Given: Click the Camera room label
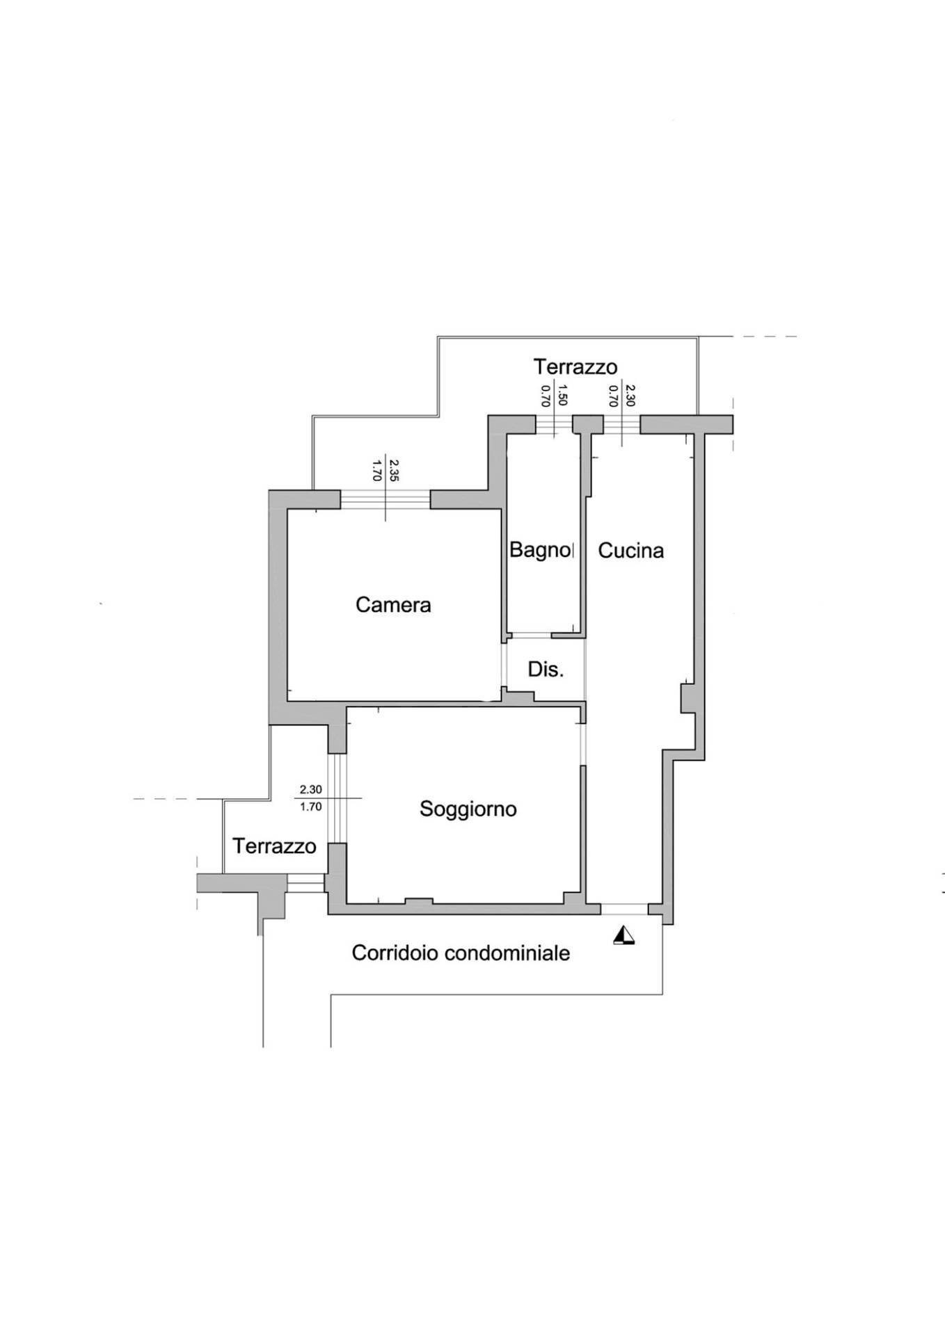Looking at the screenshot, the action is [393, 605].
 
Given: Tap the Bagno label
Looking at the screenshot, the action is [539, 550].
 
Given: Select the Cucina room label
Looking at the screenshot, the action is [630, 551].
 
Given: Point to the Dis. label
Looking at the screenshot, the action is [546, 670].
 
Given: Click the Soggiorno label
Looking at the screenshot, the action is [468, 809].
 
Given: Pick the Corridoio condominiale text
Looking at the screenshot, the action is [461, 953].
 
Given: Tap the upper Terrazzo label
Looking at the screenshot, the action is [575, 366].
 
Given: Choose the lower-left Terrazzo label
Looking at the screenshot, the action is [274, 846].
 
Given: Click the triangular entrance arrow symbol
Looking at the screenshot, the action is [624, 936].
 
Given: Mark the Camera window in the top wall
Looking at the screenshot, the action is [386, 500].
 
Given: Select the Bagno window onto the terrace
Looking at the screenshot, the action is [554, 424].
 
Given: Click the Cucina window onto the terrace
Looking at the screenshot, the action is [621, 424].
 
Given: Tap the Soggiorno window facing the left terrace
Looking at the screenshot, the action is [337, 799].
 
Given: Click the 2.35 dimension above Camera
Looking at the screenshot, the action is [394, 471].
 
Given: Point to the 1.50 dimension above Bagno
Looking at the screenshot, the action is [563, 394].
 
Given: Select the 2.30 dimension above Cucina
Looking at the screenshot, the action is [630, 395].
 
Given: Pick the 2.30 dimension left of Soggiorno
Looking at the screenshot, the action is [310, 789].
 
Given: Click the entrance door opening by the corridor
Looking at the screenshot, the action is [624, 909].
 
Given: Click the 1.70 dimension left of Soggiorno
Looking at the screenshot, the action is [310, 807].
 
